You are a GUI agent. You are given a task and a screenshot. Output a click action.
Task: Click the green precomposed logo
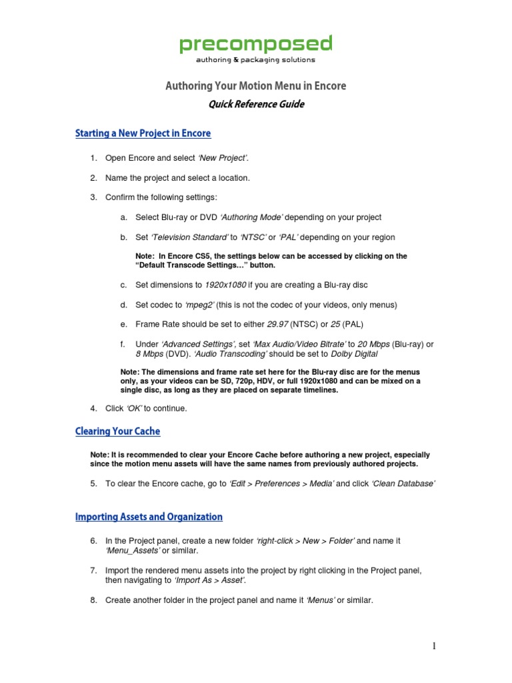(x=255, y=44)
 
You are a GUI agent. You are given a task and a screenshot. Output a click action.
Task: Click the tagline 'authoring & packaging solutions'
(x=255, y=60)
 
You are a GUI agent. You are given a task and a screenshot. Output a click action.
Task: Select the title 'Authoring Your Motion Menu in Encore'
(x=255, y=86)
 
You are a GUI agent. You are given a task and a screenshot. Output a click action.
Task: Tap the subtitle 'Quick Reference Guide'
(x=255, y=104)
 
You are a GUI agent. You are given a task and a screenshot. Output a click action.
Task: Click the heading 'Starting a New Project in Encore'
(x=143, y=133)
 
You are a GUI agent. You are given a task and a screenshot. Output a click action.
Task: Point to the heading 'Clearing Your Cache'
(x=118, y=432)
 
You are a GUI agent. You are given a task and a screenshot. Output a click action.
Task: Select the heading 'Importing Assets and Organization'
(x=149, y=517)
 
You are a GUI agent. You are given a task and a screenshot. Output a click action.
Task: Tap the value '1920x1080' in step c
(x=225, y=285)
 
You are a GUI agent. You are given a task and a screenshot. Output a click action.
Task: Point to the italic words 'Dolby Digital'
(x=354, y=354)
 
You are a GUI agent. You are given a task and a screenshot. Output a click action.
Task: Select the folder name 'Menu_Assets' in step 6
(x=133, y=550)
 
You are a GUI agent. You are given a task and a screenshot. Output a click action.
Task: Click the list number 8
(x=93, y=600)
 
